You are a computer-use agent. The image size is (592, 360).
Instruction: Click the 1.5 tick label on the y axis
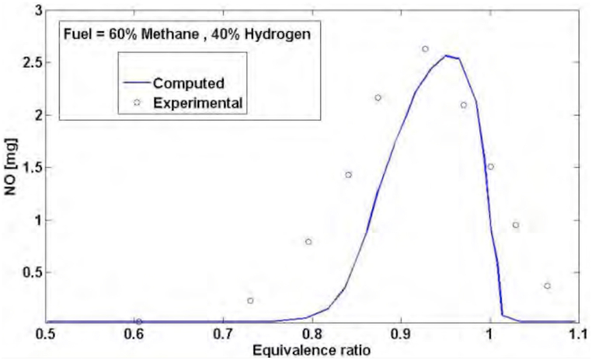30,167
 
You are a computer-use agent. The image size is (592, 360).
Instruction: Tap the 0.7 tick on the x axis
223,335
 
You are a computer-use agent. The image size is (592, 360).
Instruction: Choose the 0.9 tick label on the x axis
400,335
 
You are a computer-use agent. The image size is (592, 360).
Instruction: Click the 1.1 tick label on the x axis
576,335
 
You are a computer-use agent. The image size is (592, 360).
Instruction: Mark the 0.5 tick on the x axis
47,335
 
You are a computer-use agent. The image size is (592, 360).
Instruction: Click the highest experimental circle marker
425,49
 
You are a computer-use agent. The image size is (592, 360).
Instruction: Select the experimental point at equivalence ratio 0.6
138,321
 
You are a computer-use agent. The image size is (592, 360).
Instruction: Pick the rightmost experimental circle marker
548,286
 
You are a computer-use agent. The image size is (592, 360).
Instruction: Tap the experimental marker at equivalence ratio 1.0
490,166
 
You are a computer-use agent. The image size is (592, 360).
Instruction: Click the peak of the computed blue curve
447,55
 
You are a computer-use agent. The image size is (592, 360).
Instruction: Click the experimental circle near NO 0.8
308,242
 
